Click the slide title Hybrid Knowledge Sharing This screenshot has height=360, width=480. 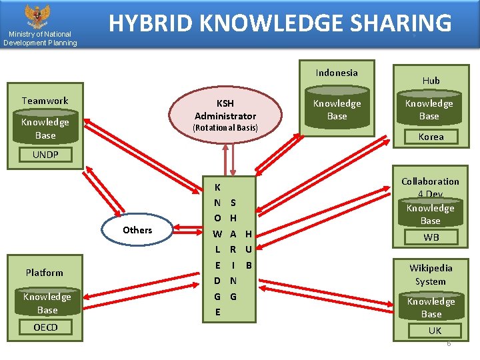click(x=280, y=23)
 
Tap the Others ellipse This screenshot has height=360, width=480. click(x=137, y=230)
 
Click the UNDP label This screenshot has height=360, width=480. click(x=45, y=155)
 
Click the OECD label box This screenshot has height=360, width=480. click(x=45, y=327)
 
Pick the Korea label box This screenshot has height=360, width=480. click(x=431, y=137)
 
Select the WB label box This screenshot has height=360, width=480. click(x=431, y=237)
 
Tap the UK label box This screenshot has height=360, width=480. click(x=435, y=331)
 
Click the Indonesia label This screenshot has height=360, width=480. click(x=337, y=73)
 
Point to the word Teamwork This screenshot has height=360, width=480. click(x=45, y=101)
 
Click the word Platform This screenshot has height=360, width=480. click(x=45, y=273)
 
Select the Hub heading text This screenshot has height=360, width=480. click(x=431, y=80)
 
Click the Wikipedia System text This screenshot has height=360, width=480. click(x=431, y=275)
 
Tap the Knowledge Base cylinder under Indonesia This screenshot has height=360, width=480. click(x=337, y=110)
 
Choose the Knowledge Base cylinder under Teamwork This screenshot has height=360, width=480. click(x=45, y=129)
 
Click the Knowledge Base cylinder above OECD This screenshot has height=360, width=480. click(x=47, y=303)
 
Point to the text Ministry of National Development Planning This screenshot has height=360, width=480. click(x=40, y=39)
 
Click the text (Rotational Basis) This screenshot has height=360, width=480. click(x=225, y=127)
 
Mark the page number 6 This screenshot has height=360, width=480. click(x=449, y=344)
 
